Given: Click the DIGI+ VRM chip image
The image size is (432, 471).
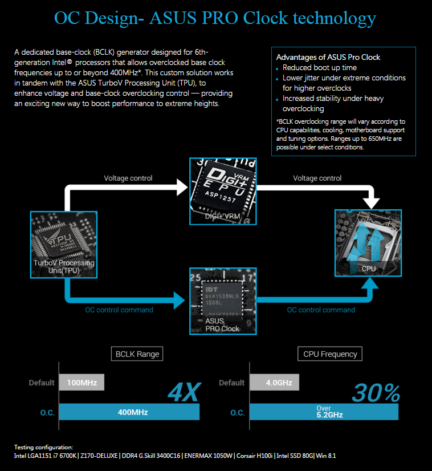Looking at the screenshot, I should [223, 191].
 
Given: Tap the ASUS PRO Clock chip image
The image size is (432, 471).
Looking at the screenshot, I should [223, 301].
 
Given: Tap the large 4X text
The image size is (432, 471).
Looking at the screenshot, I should [184, 392].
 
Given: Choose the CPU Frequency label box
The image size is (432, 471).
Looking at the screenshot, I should [330, 354].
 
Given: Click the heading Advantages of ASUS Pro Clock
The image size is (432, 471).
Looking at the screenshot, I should [328, 57].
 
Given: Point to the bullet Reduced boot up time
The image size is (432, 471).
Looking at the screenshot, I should [320, 67].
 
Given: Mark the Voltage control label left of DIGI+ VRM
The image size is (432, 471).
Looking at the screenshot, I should [128, 178].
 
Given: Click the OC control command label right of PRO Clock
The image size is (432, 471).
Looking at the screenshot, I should [321, 310].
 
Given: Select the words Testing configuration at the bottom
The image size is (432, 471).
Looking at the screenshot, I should [44, 447].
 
